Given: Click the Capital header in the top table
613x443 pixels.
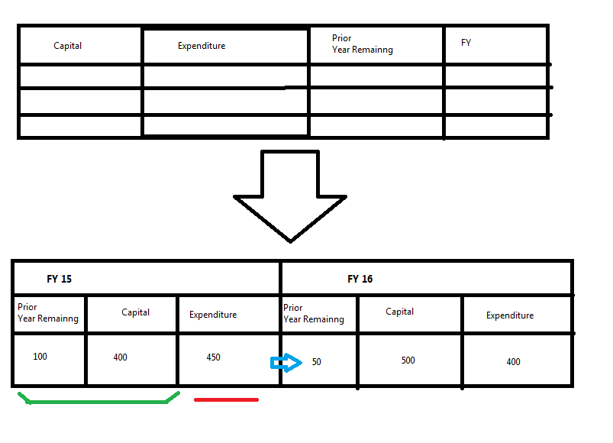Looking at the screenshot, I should (67, 46).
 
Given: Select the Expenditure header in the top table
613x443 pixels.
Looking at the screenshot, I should (202, 46).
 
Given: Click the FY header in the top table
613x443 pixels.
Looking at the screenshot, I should (466, 43).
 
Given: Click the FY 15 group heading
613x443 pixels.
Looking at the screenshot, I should (59, 279).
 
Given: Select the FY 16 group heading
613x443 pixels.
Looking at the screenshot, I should (360, 279).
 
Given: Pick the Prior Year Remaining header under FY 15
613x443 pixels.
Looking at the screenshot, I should (47, 313).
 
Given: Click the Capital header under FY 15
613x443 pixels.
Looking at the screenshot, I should (135, 312).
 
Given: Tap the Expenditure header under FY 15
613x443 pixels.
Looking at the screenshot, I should (213, 315).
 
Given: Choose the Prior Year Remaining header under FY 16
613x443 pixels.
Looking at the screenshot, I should (313, 313).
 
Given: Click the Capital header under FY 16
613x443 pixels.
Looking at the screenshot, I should (399, 312).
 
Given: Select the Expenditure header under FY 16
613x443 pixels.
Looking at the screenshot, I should (509, 315).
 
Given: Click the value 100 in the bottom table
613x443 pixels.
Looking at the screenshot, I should (40, 356).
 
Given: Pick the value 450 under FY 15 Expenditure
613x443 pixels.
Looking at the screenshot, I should (213, 357).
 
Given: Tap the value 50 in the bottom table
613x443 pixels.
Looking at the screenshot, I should (316, 361).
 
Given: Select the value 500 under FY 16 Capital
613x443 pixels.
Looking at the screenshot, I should (408, 360).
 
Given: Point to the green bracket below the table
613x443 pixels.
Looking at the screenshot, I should (98, 399).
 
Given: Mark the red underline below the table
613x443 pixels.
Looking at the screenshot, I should (226, 399).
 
